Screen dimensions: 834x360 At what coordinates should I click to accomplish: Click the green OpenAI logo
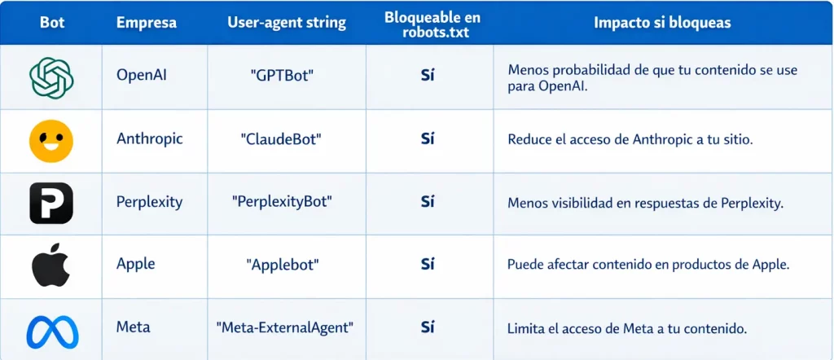click(x=51, y=77)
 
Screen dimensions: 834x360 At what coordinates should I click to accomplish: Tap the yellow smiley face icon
click(x=51, y=140)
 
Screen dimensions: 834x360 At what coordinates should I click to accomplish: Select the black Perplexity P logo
click(x=51, y=203)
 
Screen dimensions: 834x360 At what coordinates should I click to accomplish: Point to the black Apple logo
click(x=51, y=265)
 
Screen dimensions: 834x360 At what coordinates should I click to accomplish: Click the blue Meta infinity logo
click(x=52, y=331)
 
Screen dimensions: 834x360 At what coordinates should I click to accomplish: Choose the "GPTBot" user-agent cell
click(x=282, y=75)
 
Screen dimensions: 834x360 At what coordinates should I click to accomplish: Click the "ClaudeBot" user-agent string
click(x=281, y=139)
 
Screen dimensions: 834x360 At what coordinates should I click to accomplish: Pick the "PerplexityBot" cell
click(x=282, y=203)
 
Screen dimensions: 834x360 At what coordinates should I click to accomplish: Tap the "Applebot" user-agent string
click(x=283, y=265)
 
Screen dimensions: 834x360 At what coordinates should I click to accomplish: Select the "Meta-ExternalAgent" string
click(x=285, y=327)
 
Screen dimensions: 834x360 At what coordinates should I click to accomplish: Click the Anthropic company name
click(x=150, y=138)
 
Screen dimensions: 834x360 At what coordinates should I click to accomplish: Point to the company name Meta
click(x=133, y=327)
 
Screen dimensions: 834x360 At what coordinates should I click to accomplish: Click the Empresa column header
click(x=147, y=23)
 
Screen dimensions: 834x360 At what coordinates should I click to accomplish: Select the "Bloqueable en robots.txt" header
click(x=432, y=24)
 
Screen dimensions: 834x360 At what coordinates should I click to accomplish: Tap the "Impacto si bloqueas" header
click(x=661, y=23)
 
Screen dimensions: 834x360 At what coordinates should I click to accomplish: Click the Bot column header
click(x=52, y=23)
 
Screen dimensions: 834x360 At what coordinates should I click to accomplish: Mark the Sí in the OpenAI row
click(x=428, y=75)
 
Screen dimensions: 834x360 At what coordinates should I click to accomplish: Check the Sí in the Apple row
click(x=428, y=264)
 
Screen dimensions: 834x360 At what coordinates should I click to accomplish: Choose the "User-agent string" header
click(x=286, y=23)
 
